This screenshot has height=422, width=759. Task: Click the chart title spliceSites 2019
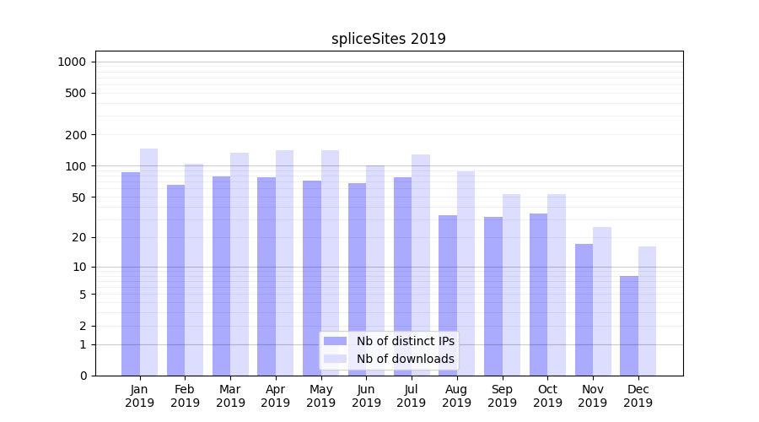(388, 39)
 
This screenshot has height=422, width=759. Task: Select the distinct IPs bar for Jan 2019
(131, 273)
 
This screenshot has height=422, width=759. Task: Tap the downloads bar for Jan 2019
(148, 262)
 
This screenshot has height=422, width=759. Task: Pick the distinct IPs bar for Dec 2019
(629, 326)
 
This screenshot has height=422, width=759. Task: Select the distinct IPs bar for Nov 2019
(584, 310)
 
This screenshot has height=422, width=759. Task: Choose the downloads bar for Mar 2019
(240, 264)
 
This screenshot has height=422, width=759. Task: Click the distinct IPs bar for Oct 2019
(539, 295)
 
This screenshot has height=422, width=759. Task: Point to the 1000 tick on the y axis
(72, 62)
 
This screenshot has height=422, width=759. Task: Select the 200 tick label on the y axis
(77, 135)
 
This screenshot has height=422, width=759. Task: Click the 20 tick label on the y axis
(79, 237)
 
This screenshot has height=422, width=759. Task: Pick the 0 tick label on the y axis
(83, 376)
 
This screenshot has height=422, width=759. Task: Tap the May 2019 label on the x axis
(320, 396)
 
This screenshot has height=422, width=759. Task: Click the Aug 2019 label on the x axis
(456, 396)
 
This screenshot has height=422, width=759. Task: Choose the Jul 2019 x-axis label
(412, 396)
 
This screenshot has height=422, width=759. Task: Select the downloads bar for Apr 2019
(284, 262)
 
